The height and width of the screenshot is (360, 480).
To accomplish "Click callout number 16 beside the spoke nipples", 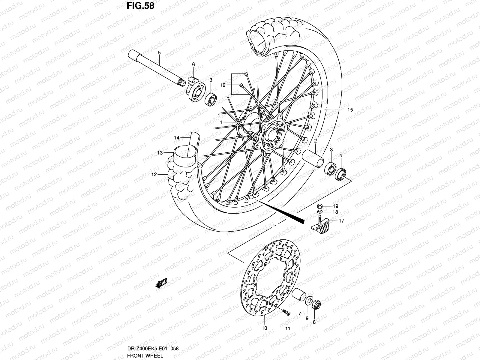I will point(222,85).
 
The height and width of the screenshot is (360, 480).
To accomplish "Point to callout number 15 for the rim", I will point(350,110).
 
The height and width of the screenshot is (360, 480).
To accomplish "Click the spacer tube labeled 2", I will point(313,158).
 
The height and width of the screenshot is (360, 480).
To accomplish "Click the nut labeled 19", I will point(320,206).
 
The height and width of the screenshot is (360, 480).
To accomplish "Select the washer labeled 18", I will point(320,212).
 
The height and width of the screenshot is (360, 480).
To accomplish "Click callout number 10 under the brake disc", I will point(264,328).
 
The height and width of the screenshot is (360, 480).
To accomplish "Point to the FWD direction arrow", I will point(161,283).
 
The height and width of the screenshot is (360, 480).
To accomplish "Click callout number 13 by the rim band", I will point(160,153).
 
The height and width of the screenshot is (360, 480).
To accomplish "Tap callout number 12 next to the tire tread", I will point(154,174).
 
